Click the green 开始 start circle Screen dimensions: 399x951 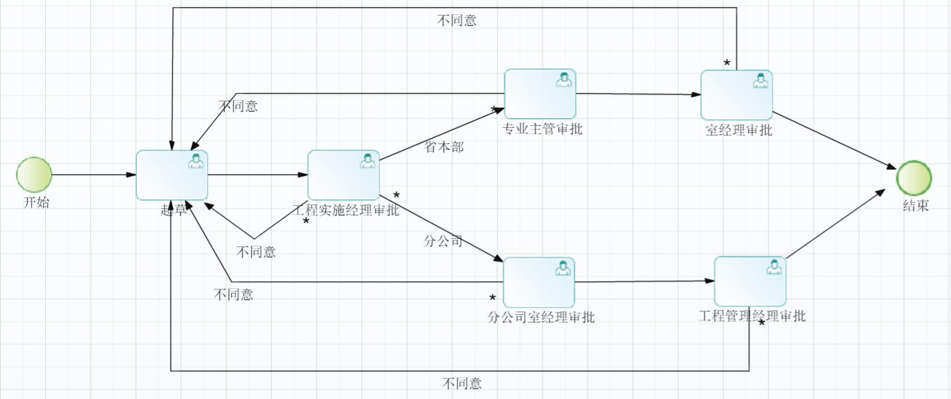pos(34,175)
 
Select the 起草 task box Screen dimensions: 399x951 pos(172,175)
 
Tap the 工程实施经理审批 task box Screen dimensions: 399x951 pos(343,175)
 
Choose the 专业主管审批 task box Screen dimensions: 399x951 pos(540,94)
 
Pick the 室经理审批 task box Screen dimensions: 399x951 pos(737,95)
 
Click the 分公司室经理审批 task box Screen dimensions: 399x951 pos(539,282)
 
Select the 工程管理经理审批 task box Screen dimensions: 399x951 pos(750,281)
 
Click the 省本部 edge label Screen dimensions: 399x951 pos(444,147)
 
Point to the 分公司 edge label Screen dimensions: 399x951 pos(443,242)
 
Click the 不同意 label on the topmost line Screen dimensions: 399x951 pos(457,20)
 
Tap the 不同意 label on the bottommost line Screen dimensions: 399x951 pos(462,384)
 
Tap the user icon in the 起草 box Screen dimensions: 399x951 pos(195,161)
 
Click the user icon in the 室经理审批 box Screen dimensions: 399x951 pos(761,81)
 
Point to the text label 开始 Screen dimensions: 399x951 pos(36,202)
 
